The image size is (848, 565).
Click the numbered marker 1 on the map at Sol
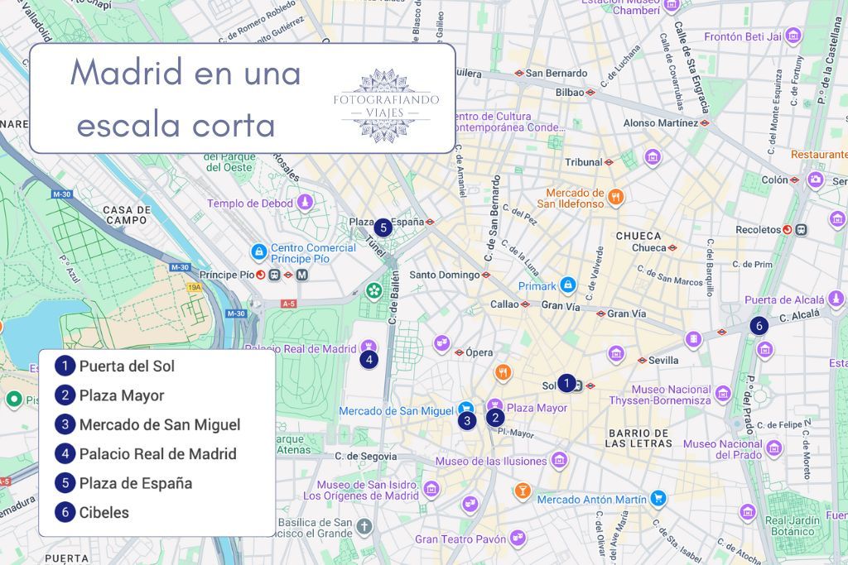(x=566, y=383)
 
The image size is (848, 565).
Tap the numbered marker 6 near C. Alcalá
(x=759, y=326)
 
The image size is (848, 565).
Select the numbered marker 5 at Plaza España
(x=382, y=227)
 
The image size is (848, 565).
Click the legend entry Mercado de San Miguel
(x=159, y=424)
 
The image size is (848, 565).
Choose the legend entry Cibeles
(x=104, y=512)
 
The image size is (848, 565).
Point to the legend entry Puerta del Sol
(x=127, y=366)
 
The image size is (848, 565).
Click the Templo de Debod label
(x=250, y=203)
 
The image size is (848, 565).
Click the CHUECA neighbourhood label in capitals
(x=638, y=236)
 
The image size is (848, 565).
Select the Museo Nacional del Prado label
(x=722, y=449)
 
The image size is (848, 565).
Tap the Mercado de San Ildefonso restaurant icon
(x=615, y=198)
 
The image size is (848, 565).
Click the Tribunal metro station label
(x=583, y=162)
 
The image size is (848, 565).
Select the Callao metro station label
(x=503, y=304)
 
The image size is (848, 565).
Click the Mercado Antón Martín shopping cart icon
(x=658, y=498)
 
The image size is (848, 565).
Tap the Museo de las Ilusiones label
(x=491, y=461)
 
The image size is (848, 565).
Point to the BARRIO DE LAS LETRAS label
(x=638, y=438)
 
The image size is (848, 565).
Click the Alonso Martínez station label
(x=660, y=122)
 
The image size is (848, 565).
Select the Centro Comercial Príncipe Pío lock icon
(x=259, y=251)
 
